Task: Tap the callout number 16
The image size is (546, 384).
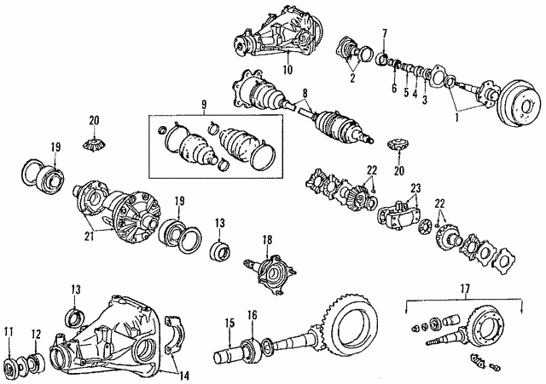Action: pos(253,316)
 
